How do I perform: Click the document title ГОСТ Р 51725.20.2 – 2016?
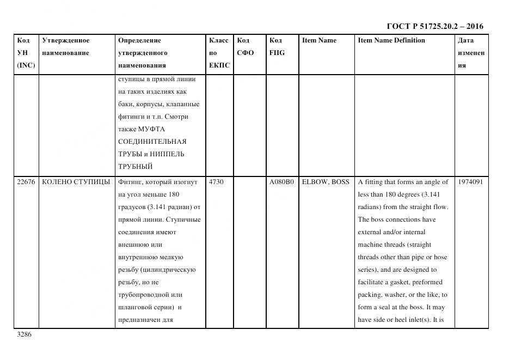tap(434, 26)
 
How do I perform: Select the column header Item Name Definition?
tap(391, 40)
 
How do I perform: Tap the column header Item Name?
tap(319, 40)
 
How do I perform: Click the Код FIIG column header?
tap(277, 47)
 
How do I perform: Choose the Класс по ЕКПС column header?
tap(219, 53)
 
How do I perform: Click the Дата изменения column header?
tap(471, 53)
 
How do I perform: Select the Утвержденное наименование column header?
tap(65, 47)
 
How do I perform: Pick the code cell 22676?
tap(26, 182)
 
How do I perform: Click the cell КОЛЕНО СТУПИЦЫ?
tap(76, 182)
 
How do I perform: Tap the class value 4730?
tap(216, 182)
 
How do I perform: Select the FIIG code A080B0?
tap(281, 182)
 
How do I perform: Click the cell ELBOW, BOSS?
tap(326, 182)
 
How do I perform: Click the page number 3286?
tap(24, 335)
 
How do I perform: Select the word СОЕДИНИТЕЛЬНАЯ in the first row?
tap(152, 142)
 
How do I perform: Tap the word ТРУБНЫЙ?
tap(135, 167)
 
